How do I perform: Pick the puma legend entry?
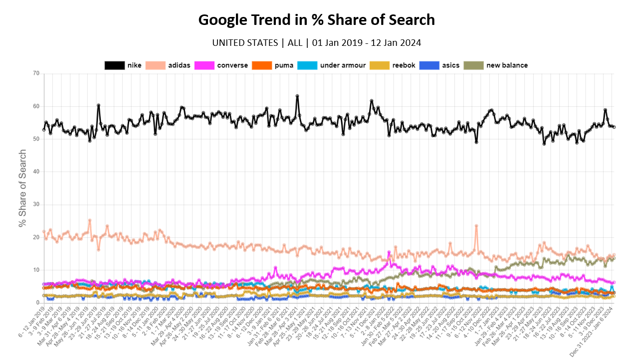point(274,65)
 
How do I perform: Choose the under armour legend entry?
point(331,65)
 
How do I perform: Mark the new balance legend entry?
point(496,65)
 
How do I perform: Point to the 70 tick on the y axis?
point(35,74)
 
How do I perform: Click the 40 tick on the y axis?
point(35,172)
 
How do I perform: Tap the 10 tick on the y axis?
point(35,270)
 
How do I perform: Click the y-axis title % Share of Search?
point(22,188)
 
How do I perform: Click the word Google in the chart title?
point(223,20)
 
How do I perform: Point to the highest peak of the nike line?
point(297,96)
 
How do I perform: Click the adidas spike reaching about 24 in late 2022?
point(476,225)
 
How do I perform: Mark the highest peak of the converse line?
point(389,252)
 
